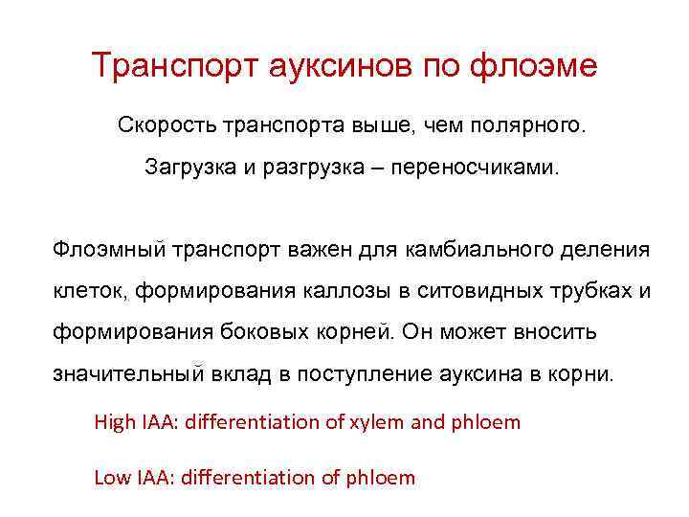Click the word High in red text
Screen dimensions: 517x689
(x=114, y=421)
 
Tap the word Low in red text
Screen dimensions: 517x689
(x=111, y=477)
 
